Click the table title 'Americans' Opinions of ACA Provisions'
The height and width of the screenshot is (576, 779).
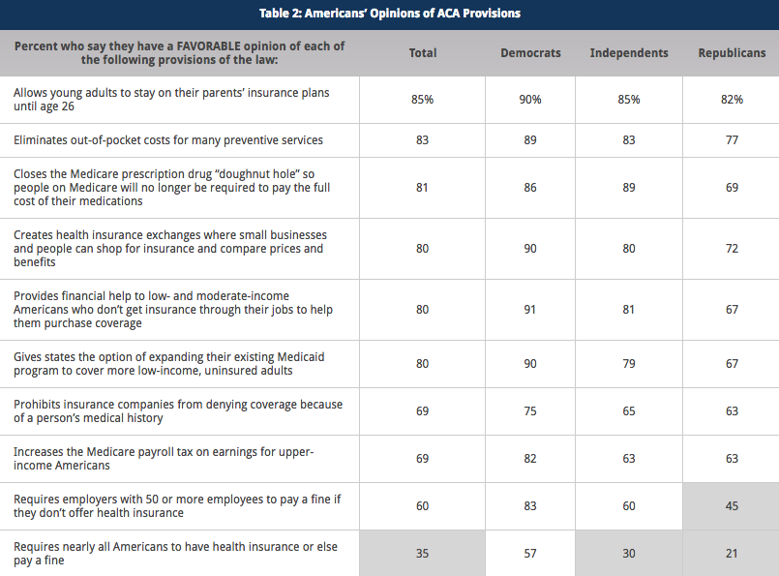389,13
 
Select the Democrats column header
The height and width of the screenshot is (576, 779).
530,53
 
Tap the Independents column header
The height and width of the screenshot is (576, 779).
629,53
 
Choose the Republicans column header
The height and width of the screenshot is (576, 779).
732,53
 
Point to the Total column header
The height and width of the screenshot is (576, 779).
423,53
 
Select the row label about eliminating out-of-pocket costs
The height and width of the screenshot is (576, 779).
168,140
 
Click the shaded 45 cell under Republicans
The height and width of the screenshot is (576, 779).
732,505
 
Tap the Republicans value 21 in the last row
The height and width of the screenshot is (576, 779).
732,554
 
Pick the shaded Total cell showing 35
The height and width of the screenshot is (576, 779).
422,554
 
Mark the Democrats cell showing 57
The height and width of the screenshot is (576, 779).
530,554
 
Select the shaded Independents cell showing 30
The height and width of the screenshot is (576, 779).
629,554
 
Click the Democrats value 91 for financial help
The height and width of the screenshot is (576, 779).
530,310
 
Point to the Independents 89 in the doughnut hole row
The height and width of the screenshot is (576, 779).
629,188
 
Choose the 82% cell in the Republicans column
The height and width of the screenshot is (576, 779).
732,100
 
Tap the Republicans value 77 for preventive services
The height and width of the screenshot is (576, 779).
732,140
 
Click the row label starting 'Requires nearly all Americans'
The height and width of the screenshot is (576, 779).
175,553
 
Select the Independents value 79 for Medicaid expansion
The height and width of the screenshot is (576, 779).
629,364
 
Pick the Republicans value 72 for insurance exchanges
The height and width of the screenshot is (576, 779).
732,249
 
